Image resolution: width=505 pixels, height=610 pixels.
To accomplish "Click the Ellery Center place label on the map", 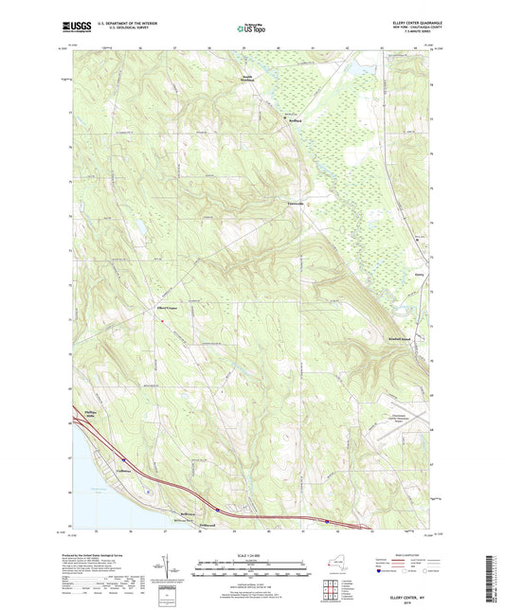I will point(169,306).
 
